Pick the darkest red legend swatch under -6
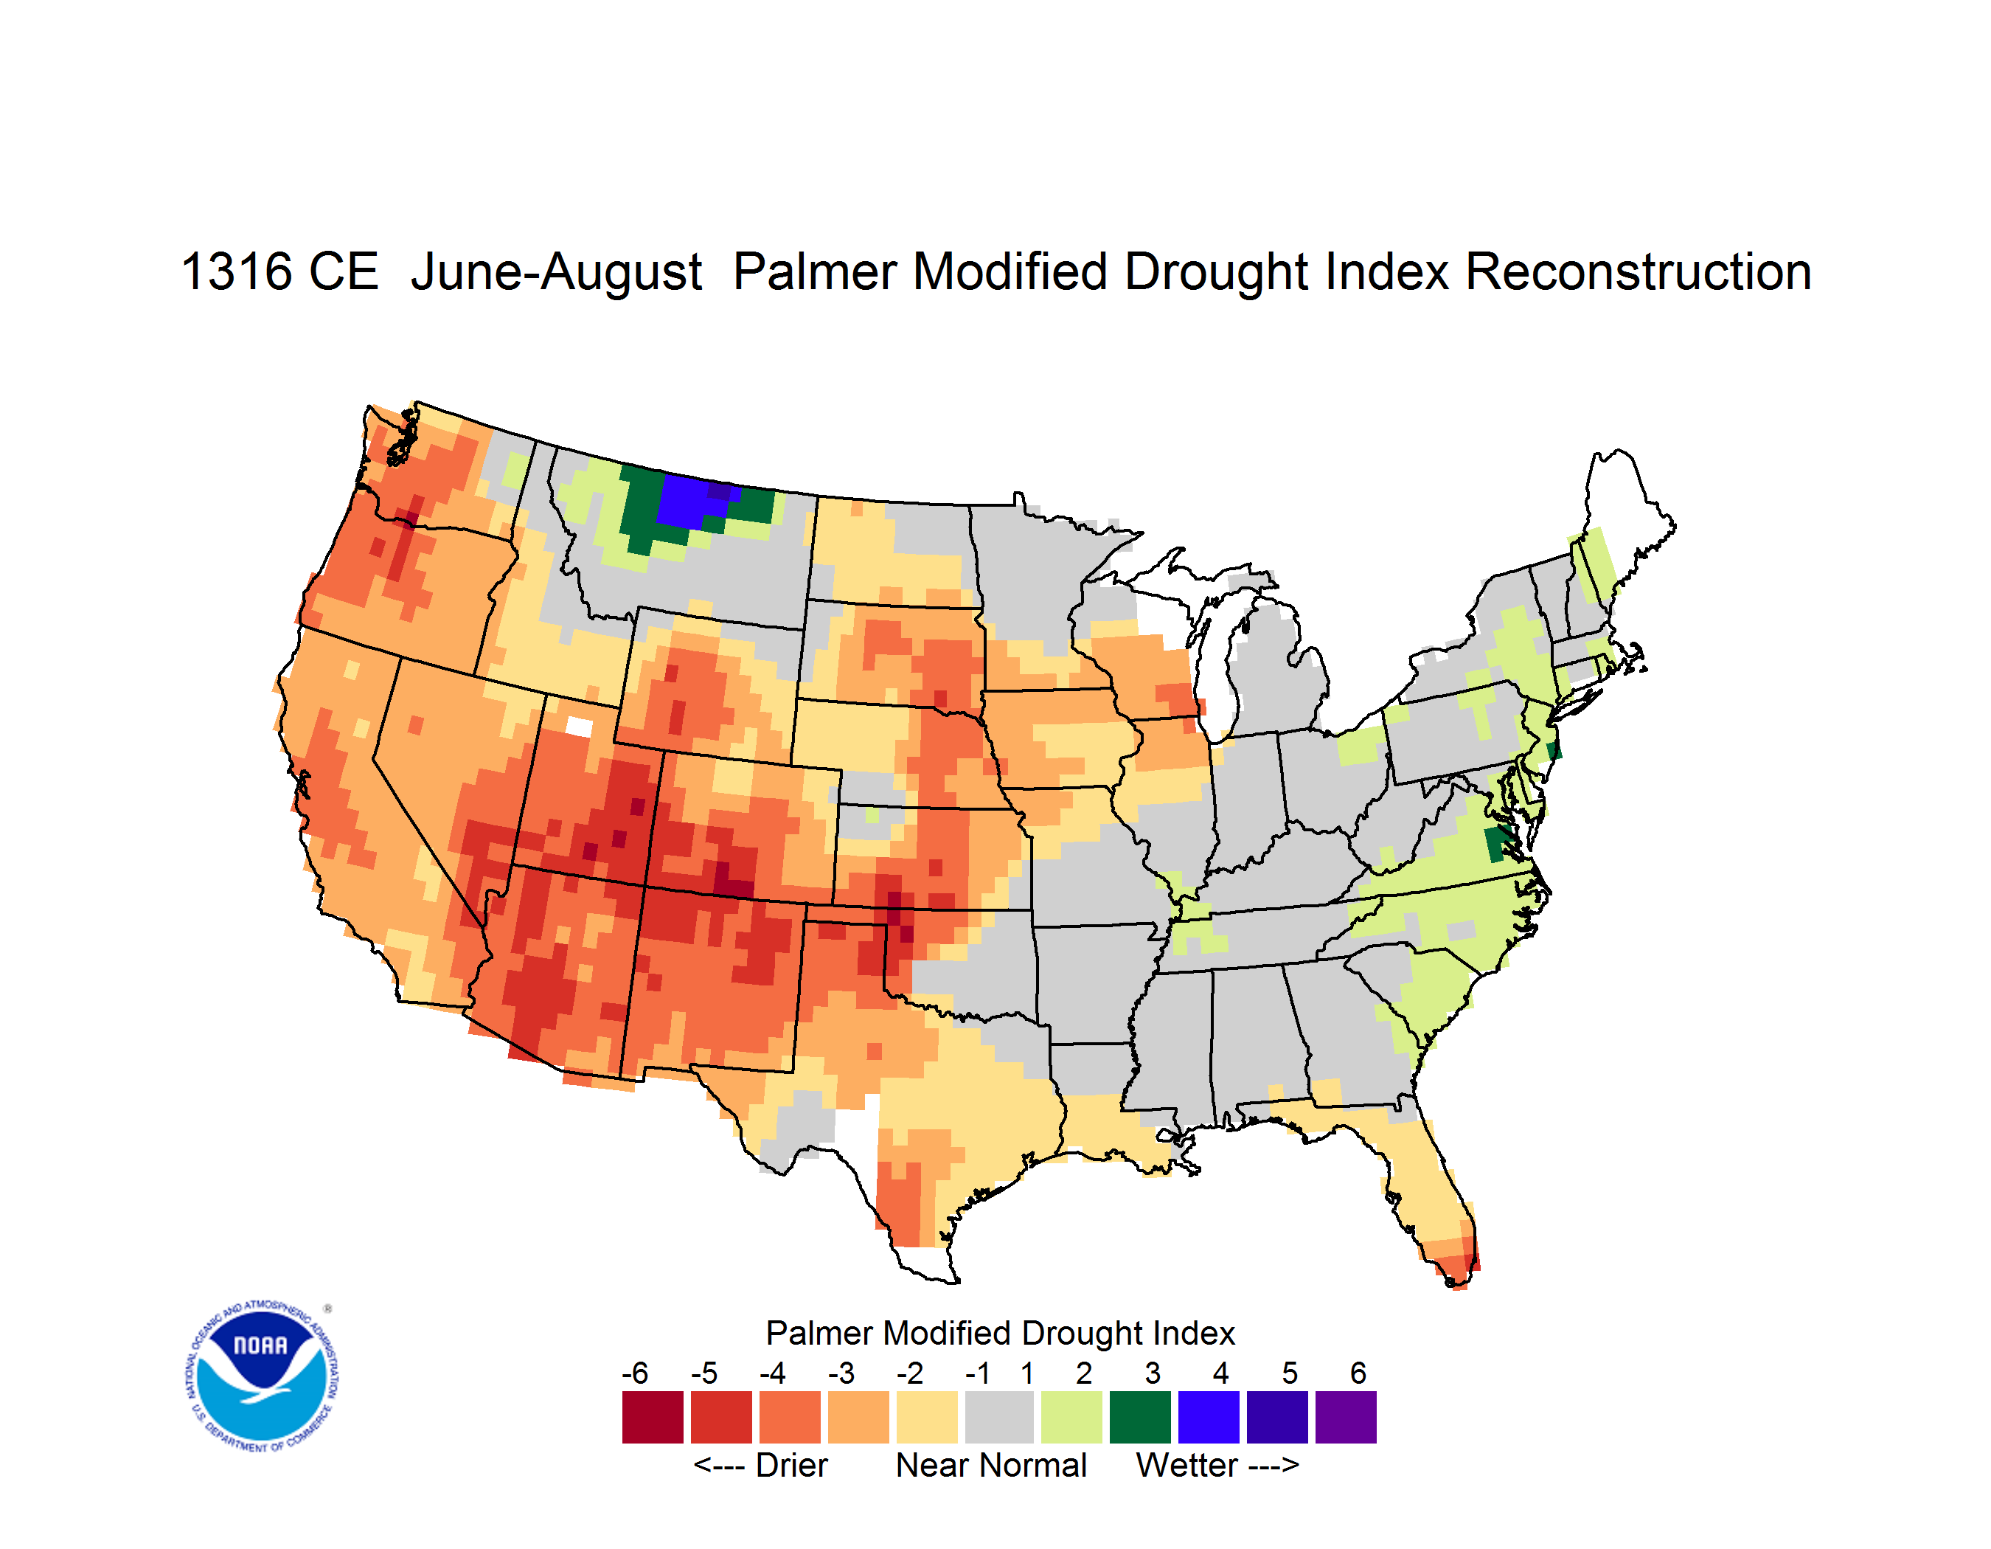653,1417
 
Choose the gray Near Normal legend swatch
999,1417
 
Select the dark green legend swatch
1139,1417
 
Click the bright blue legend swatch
1209,1417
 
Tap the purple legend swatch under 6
1346,1417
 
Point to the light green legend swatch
1071,1417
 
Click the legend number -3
841,1373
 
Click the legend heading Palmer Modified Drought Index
1000,1333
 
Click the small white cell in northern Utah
579,727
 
